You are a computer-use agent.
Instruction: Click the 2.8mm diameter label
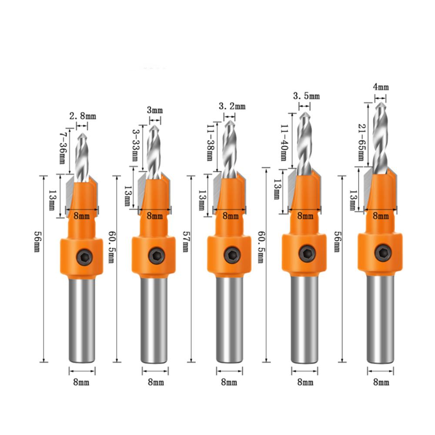(83, 116)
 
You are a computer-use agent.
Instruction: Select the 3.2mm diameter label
(232, 106)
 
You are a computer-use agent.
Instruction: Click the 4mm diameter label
(381, 87)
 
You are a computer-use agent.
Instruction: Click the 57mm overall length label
(186, 247)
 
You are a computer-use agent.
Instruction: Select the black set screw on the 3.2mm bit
(230, 255)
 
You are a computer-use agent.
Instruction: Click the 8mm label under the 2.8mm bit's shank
(82, 382)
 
